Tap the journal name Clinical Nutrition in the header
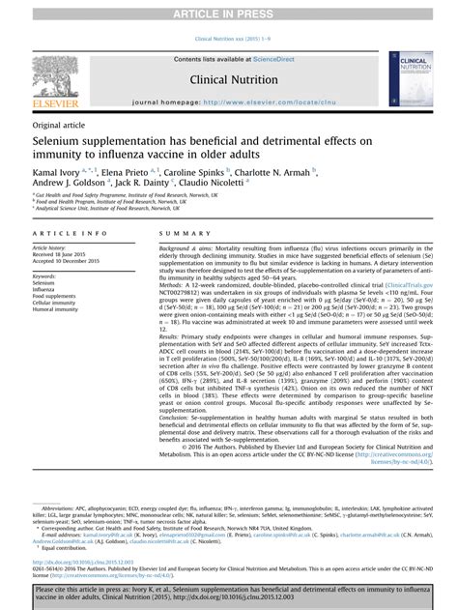pos(228,80)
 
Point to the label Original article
pos(58,127)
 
